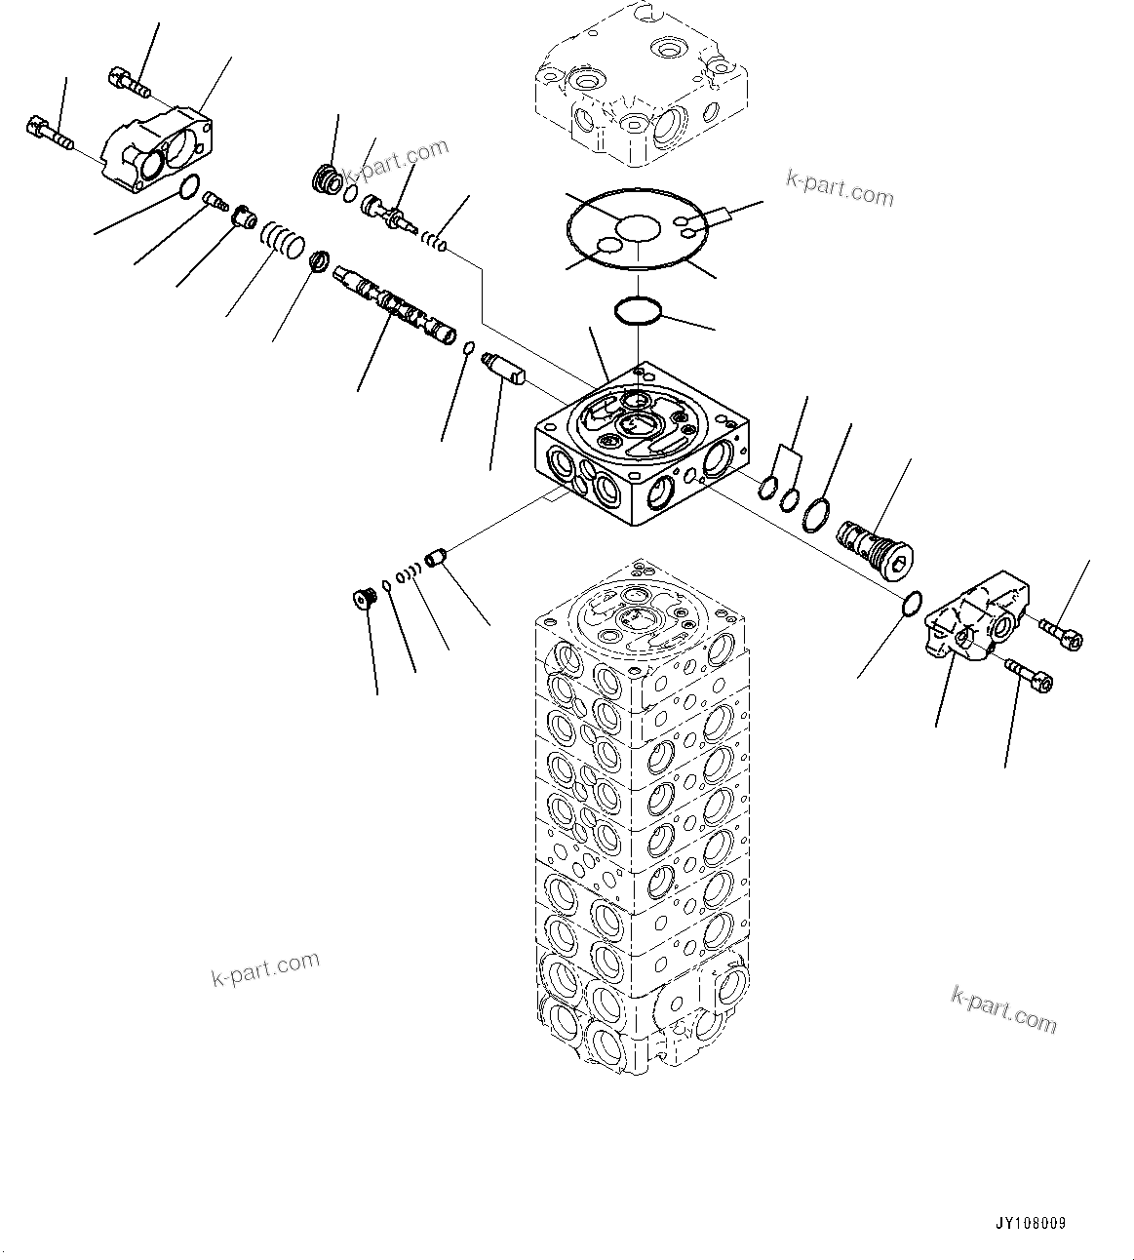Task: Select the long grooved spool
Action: pos(393,304)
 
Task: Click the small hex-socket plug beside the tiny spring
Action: pos(365,597)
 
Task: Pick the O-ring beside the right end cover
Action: pos(910,604)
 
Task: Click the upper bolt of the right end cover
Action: pos(1061,633)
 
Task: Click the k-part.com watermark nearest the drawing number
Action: pos(1002,1008)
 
